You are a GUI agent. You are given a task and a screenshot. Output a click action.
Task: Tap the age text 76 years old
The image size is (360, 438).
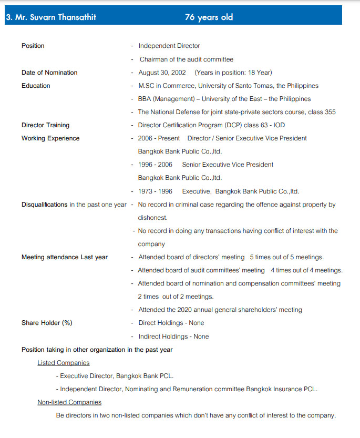tap(209, 17)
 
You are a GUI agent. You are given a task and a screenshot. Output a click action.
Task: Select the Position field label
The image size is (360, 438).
tap(33, 46)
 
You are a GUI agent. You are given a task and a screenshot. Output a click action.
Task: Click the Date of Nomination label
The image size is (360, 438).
tap(49, 73)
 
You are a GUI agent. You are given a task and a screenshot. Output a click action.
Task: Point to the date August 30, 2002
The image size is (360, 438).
tap(162, 73)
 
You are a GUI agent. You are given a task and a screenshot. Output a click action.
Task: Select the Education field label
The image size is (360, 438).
tap(36, 86)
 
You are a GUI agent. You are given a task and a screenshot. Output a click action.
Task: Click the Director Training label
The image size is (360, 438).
tap(45, 125)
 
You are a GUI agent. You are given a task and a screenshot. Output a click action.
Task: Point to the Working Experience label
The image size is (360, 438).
tap(50, 138)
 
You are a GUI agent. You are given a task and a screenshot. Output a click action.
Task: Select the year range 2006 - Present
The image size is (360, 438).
tap(159, 138)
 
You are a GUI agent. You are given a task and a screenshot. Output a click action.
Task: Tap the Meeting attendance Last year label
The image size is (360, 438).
tap(64, 257)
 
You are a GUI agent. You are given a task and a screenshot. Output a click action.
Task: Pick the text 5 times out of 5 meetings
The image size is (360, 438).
tap(286, 257)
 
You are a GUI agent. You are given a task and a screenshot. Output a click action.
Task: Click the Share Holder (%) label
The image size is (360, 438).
tap(47, 323)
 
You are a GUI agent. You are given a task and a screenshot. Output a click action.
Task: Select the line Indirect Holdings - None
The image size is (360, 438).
tap(173, 337)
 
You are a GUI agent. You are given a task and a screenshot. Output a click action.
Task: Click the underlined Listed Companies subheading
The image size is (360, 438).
tap(63, 363)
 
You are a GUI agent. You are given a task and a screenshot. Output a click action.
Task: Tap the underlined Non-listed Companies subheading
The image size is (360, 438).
tap(69, 402)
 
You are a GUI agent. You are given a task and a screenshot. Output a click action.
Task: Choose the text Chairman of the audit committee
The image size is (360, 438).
tap(186, 59)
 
